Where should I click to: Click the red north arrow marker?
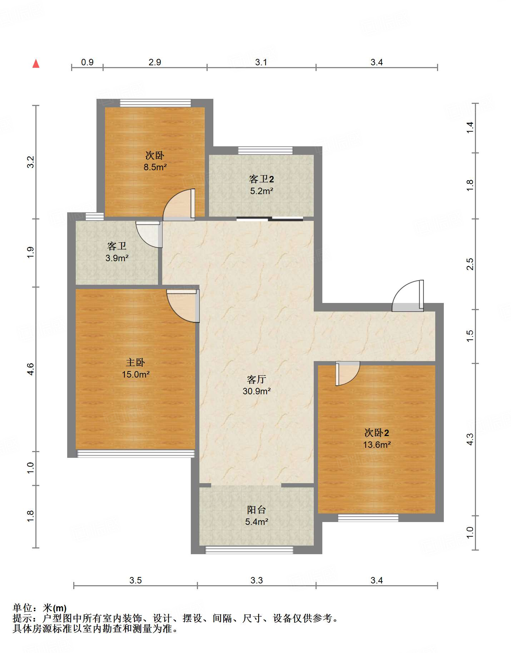click(x=36, y=64)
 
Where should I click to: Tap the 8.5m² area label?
click(x=155, y=167)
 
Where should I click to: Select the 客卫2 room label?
click(x=262, y=179)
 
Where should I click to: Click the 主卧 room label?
click(x=135, y=363)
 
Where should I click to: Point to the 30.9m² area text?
click(x=257, y=391)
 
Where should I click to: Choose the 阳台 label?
click(x=257, y=510)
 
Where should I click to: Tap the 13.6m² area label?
click(x=377, y=445)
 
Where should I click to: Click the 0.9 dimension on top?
click(x=87, y=62)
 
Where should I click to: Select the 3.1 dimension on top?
click(x=261, y=62)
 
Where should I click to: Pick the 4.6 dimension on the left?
click(x=31, y=369)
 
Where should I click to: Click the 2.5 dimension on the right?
click(x=470, y=264)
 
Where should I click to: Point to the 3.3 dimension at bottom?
click(x=257, y=580)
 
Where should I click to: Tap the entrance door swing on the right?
click(x=408, y=296)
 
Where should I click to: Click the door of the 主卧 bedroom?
click(x=183, y=306)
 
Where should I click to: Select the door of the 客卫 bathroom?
click(x=149, y=234)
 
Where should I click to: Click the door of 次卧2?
click(x=348, y=374)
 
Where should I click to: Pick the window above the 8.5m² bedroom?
click(x=155, y=103)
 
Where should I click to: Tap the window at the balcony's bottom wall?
click(x=249, y=550)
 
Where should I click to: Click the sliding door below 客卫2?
click(x=270, y=219)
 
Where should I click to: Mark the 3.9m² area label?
click(x=117, y=258)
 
